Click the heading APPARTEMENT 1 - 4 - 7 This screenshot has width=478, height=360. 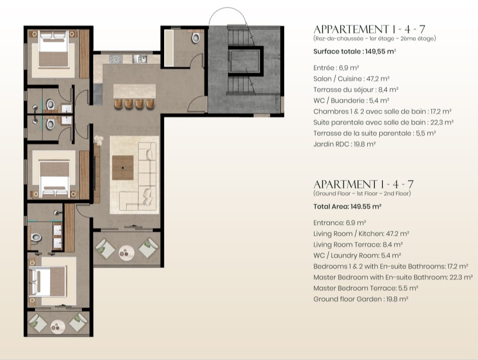click(369, 29)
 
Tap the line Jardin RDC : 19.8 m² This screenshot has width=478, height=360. click(344, 144)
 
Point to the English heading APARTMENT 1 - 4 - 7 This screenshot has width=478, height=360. click(363, 184)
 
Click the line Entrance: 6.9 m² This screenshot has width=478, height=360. click(339, 222)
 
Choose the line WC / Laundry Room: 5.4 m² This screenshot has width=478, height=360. click(357, 256)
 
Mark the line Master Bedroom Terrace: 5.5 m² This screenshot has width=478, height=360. click(366, 288)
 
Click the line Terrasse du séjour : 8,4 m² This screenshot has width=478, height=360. click(356, 89)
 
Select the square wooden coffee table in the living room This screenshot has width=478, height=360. click(123, 168)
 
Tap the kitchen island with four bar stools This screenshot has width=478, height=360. click(135, 91)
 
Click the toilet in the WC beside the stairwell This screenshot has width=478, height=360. click(196, 38)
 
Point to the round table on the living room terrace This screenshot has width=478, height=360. click(127, 253)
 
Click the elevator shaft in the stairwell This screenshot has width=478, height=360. click(245, 61)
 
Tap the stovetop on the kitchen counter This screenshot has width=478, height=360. click(116, 59)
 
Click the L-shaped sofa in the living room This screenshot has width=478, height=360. click(141, 180)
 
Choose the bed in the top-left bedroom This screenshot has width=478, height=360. click(54, 49)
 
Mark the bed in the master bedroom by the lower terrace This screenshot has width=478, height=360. click(47, 281)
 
